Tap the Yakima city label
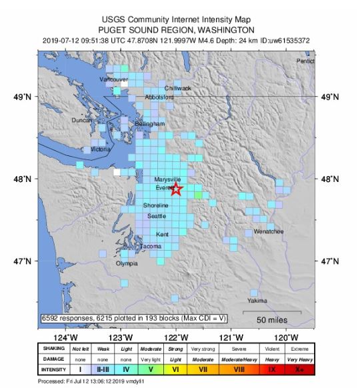click(x=257, y=301)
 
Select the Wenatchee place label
click(x=269, y=232)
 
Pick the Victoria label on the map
click(x=100, y=149)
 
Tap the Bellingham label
click(x=149, y=124)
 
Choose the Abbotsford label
click(x=159, y=97)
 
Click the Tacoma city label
click(x=150, y=247)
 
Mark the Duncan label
click(x=83, y=121)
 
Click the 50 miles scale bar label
click(x=272, y=320)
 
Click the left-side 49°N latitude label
click(x=25, y=97)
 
